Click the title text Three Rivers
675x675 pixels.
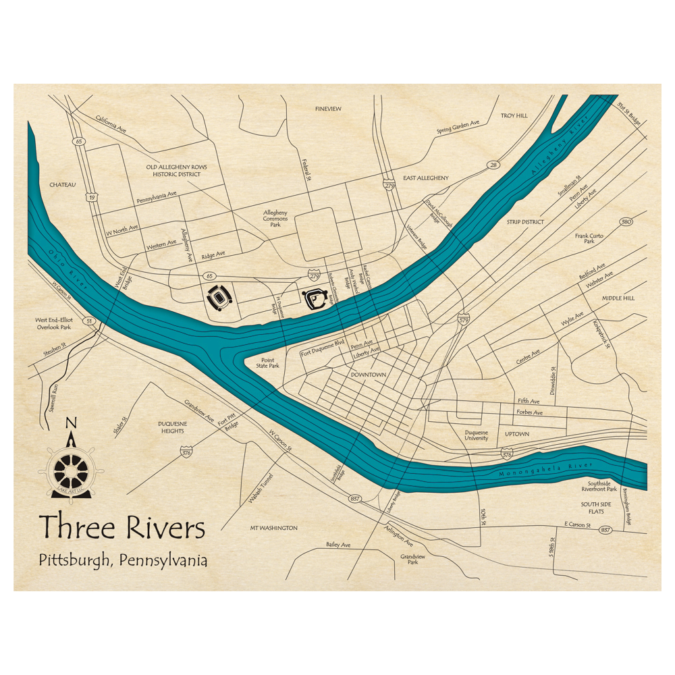pyautogui.click(x=122, y=527)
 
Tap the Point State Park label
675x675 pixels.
pyautogui.click(x=269, y=363)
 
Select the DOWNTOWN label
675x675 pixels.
pyautogui.click(x=369, y=375)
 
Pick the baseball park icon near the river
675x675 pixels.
pyautogui.click(x=315, y=296)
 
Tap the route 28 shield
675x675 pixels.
pyautogui.click(x=493, y=165)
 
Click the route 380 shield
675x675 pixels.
pyautogui.click(x=625, y=221)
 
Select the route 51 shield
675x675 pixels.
pyautogui.click(x=89, y=321)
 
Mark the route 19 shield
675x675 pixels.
pyautogui.click(x=90, y=198)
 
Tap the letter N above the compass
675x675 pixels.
pyautogui.click(x=70, y=423)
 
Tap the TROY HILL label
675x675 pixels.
pyautogui.click(x=514, y=116)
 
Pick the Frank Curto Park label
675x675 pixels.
pyautogui.click(x=589, y=238)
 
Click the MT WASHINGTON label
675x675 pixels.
pyautogui.click(x=273, y=528)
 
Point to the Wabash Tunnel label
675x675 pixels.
pyautogui.click(x=259, y=487)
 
